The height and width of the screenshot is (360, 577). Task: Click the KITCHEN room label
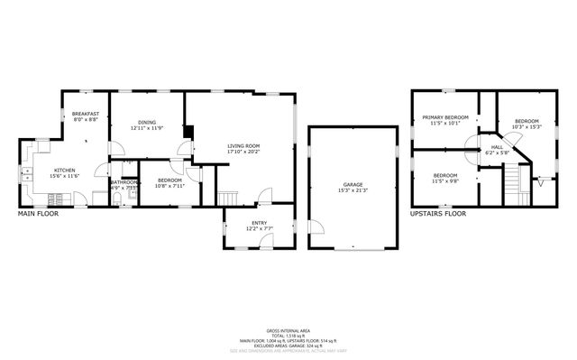[x=64, y=171]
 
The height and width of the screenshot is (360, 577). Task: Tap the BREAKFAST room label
[x=85, y=114]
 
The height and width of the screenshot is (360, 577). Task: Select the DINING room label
[x=147, y=123]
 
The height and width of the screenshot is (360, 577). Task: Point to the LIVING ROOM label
[x=243, y=145]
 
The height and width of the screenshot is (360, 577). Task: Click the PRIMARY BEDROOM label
[x=445, y=117]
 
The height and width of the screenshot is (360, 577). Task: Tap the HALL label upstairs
[x=497, y=146]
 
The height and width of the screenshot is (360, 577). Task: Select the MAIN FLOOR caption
[x=40, y=214]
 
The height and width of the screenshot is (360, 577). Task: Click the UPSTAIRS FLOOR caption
[x=437, y=214]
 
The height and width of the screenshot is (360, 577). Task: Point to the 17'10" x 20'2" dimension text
[x=243, y=152]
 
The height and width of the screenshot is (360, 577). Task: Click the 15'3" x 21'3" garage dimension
[x=353, y=189]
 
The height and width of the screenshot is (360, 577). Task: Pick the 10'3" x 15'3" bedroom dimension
[x=527, y=126]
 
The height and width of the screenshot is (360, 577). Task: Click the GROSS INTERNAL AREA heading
[x=287, y=330]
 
